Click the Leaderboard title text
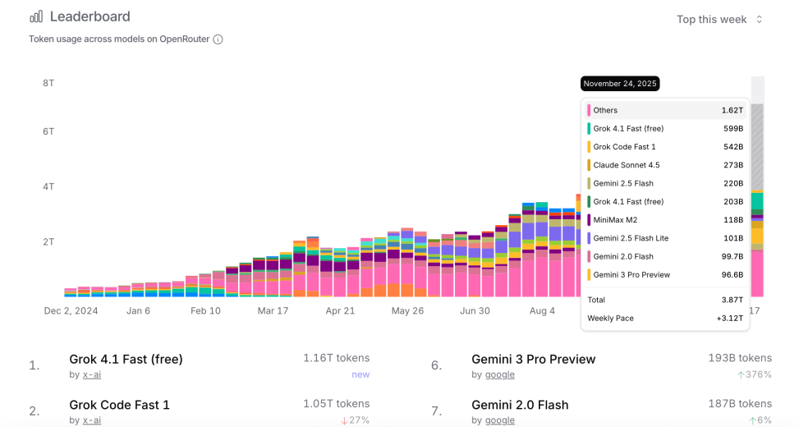pyautogui.click(x=90, y=16)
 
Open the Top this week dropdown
pyautogui.click(x=719, y=19)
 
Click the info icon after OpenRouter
pyautogui.click(x=218, y=39)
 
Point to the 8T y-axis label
pyautogui.click(x=48, y=83)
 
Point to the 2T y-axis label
pyautogui.click(x=48, y=241)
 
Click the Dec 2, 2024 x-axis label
pyautogui.click(x=71, y=311)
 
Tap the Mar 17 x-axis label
pyautogui.click(x=273, y=311)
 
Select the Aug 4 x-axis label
pyautogui.click(x=542, y=311)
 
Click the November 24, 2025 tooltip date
pyautogui.click(x=620, y=84)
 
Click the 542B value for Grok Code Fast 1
pyautogui.click(x=732, y=147)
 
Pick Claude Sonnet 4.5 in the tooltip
pyautogui.click(x=627, y=165)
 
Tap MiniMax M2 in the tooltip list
pyautogui.click(x=615, y=220)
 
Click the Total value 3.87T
pyautogui.click(x=732, y=300)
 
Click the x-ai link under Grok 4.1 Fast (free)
pyautogui.click(x=91, y=374)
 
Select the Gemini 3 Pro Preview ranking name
pyautogui.click(x=533, y=359)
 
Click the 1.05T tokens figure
pyautogui.click(x=336, y=404)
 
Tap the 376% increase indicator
pyautogui.click(x=755, y=374)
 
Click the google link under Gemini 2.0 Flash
pyautogui.click(x=499, y=420)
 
